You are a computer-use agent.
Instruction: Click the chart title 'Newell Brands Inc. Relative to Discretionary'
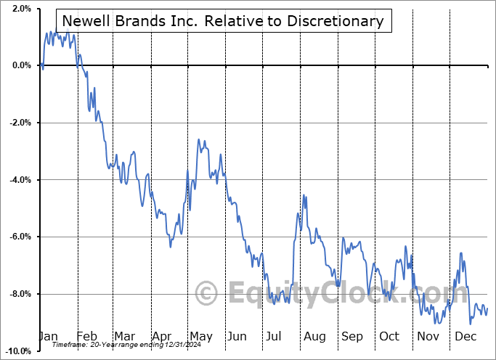[224, 21]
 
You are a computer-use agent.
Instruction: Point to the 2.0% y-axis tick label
[21, 9]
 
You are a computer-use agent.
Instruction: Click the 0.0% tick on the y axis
[21, 66]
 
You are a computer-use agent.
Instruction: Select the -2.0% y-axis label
[20, 123]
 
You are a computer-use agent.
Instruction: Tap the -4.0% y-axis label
[20, 180]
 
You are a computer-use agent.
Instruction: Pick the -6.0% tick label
[20, 237]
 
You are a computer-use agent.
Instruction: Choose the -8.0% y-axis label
[20, 294]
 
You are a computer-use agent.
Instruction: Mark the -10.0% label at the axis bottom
[18, 351]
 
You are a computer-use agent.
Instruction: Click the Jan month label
[48, 336]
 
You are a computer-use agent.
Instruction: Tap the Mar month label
[124, 336]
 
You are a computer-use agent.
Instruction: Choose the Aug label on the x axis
[314, 336]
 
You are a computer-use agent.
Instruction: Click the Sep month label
[352, 336]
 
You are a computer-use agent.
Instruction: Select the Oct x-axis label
[389, 336]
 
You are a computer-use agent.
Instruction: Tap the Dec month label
[465, 336]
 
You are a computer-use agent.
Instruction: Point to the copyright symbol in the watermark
[207, 294]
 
